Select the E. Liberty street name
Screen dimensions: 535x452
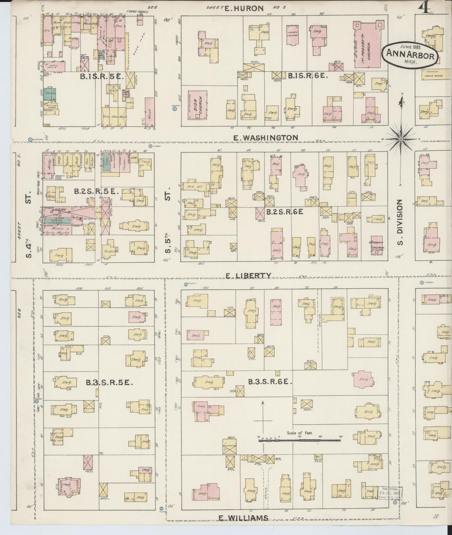click(248, 275)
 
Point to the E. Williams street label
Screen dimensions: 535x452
click(243, 518)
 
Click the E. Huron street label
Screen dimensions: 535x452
click(244, 8)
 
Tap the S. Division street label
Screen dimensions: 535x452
click(399, 222)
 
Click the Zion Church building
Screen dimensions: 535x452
click(197, 105)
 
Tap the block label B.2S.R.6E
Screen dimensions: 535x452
click(285, 212)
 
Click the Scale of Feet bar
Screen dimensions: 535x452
click(299, 440)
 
